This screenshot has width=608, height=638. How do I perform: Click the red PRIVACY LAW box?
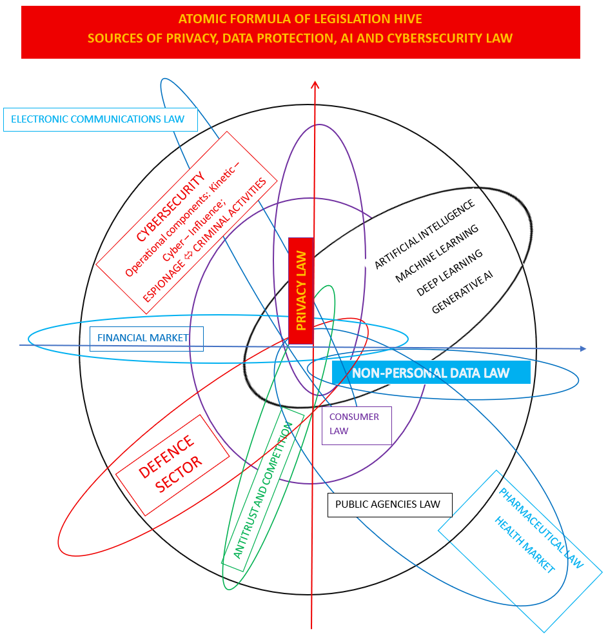point(301,291)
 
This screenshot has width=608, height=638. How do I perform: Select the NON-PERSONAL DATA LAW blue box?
point(431,372)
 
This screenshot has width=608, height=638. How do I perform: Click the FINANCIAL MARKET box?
point(146,339)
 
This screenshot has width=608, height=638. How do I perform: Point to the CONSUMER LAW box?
point(357,426)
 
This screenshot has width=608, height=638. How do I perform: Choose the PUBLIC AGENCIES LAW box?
point(389,505)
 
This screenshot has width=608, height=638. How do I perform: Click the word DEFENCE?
point(166,456)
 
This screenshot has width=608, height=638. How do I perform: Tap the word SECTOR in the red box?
point(178,474)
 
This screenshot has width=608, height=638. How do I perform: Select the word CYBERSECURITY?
point(170,206)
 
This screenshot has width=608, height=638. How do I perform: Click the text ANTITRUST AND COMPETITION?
point(262,490)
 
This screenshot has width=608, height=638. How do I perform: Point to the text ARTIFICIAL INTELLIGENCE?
point(424,234)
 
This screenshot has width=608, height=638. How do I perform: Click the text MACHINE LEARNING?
point(436,253)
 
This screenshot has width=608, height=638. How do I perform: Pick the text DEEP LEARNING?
point(449,272)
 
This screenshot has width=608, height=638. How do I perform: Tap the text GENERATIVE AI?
point(462,292)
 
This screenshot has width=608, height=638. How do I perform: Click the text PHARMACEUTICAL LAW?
point(541,528)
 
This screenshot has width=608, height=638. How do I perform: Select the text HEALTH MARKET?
point(525,544)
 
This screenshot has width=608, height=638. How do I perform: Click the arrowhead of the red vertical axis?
point(315,85)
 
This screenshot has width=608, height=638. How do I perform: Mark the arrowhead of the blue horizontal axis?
point(583,349)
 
